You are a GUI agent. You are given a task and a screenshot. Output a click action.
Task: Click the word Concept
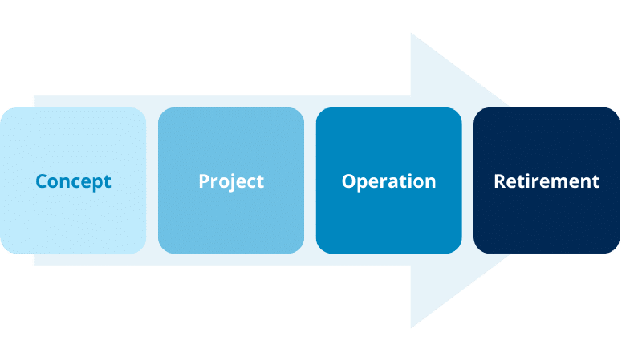point(73,181)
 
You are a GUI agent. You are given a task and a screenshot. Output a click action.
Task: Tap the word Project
point(231,181)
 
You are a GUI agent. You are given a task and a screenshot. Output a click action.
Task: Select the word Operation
point(388,181)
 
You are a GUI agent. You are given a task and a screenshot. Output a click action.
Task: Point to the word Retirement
point(547,181)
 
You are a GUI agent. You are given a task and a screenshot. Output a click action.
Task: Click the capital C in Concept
point(41,181)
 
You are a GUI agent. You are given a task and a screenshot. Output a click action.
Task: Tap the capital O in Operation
point(348,181)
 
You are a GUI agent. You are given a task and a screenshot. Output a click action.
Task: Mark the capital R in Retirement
point(499,181)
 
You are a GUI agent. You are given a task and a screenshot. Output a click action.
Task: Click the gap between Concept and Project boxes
point(152,180)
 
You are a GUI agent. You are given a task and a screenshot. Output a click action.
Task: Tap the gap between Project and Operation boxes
point(311,180)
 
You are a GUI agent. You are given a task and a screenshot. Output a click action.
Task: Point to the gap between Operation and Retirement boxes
point(468,180)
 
